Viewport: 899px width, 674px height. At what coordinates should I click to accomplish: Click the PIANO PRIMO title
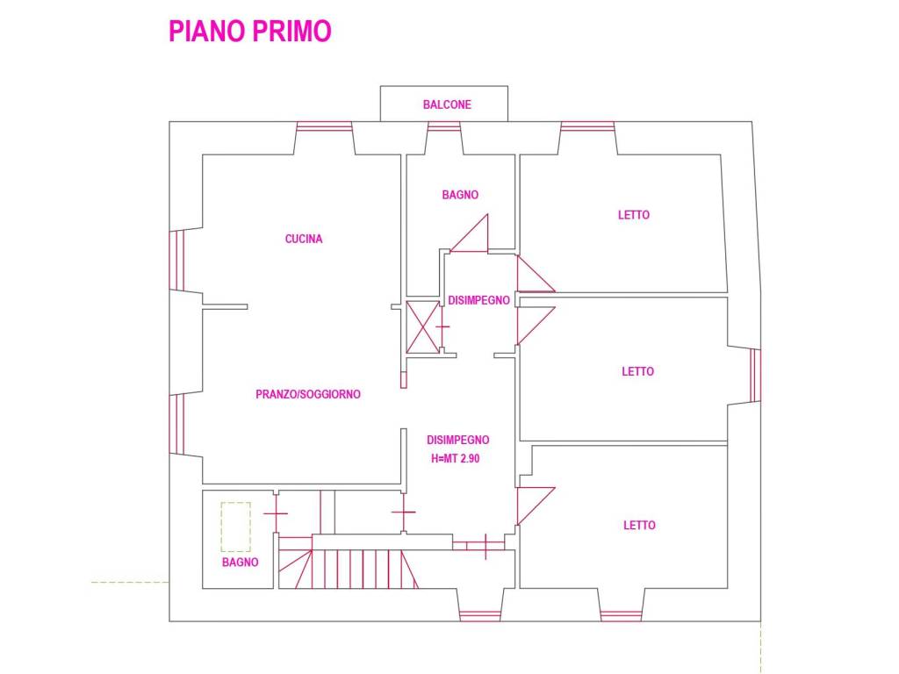[x=250, y=31]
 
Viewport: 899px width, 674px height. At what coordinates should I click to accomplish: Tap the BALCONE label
[x=447, y=105]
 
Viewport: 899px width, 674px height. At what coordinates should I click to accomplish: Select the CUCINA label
[x=304, y=239]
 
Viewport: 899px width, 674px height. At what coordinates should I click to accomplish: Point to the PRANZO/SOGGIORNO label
[x=308, y=394]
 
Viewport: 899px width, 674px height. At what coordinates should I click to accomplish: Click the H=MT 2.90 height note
[x=456, y=458]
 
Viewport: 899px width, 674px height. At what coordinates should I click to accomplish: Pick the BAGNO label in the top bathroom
[x=460, y=195]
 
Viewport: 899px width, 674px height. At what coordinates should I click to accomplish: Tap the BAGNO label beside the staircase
[x=241, y=563]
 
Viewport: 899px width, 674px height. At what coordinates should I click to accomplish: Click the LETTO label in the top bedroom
[x=634, y=215]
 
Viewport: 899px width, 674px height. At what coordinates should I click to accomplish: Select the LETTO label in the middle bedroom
[x=637, y=371]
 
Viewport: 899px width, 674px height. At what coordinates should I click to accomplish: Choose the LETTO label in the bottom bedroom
[x=639, y=525]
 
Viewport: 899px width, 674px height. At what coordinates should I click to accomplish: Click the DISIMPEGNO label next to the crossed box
[x=478, y=300]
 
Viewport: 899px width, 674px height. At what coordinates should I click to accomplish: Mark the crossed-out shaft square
[x=422, y=327]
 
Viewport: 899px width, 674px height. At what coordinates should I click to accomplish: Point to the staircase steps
[x=349, y=568]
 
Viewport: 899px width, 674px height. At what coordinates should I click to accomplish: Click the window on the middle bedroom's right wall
[x=756, y=376]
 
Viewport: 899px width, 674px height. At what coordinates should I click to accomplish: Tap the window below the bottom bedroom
[x=621, y=616]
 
